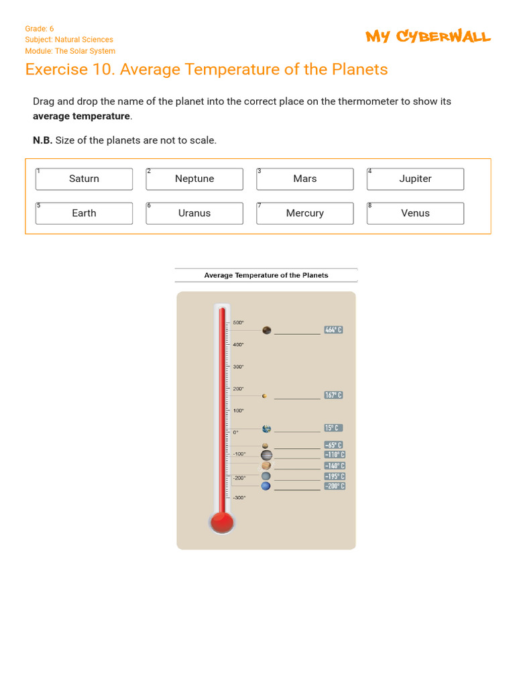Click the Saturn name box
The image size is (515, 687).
pos(84,179)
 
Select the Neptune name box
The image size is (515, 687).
pos(194,179)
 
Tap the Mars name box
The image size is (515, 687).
pos(304,179)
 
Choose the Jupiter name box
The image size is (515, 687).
pos(415,179)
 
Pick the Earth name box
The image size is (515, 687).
pos(84,213)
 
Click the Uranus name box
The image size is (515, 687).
pos(194,213)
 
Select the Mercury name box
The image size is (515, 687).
pos(304,213)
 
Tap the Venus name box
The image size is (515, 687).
pos(415,213)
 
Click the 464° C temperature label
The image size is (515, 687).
pos(333,330)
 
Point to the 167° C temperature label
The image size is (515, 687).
pos(333,395)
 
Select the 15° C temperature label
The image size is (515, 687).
pos(333,428)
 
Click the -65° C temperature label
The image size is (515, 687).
pos(333,445)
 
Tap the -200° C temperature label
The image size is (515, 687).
pos(334,486)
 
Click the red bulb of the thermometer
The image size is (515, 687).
pos(222,521)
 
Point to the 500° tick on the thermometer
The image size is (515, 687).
pos(239,323)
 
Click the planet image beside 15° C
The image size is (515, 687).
pos(267,429)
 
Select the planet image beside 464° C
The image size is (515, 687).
pos(267,330)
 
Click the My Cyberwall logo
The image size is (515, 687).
pos(428,37)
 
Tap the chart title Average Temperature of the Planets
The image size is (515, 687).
pos(266,275)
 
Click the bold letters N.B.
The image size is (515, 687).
pos(42,140)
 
